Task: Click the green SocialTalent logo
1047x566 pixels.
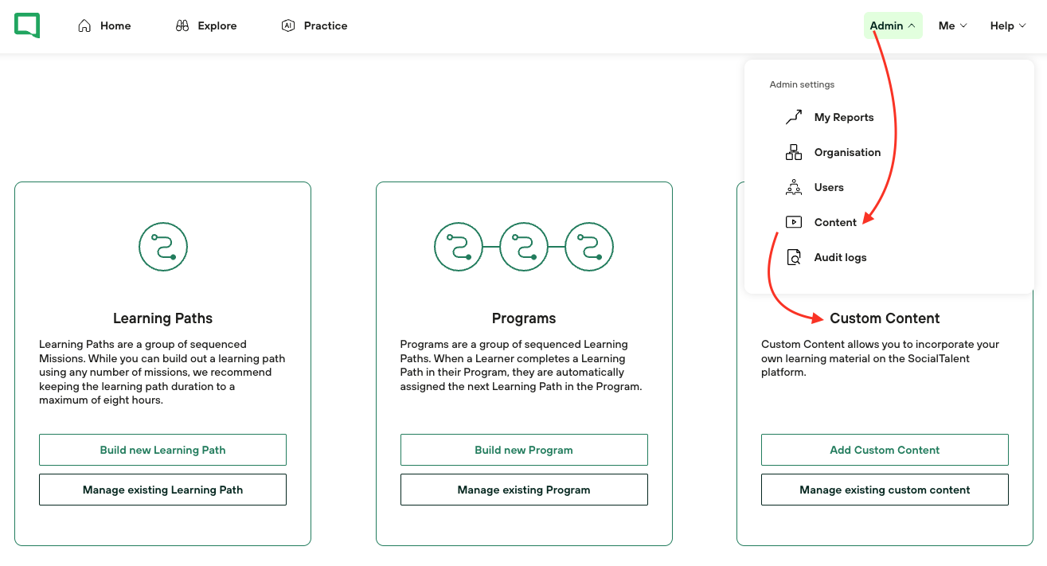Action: pyautogui.click(x=27, y=25)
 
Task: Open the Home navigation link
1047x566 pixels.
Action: pyautogui.click(x=104, y=25)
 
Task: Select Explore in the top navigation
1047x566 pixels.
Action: pyautogui.click(x=206, y=25)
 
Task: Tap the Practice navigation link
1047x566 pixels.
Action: pyautogui.click(x=314, y=25)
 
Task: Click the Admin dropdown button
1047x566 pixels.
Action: pyautogui.click(x=893, y=25)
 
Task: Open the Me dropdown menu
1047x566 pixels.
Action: pyautogui.click(x=952, y=25)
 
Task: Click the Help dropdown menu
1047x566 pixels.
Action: pyautogui.click(x=1008, y=25)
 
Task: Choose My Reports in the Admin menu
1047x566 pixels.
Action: pyautogui.click(x=830, y=117)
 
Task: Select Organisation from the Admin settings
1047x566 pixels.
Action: pyautogui.click(x=833, y=152)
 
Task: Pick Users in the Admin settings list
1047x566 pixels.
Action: pyautogui.click(x=815, y=187)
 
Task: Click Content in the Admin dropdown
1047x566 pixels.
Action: pyautogui.click(x=821, y=222)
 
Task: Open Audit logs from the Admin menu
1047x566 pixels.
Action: pyautogui.click(x=826, y=258)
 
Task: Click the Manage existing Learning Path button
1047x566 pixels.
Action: pyautogui.click(x=162, y=490)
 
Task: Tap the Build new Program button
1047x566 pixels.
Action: pyautogui.click(x=524, y=450)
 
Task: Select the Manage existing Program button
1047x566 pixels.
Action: pyautogui.click(x=524, y=490)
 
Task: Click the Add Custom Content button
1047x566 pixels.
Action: pyautogui.click(x=885, y=450)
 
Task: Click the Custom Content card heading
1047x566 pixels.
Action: pyautogui.click(x=885, y=318)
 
